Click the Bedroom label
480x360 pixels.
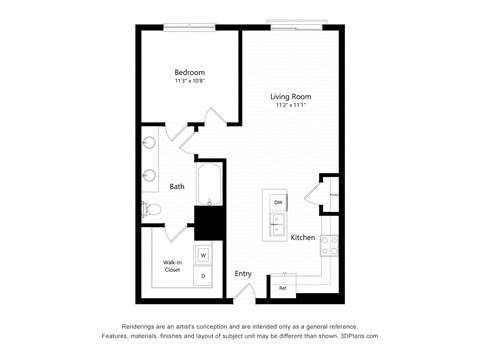pos(189,72)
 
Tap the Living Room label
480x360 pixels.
pos(291,97)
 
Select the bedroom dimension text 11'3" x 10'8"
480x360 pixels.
pos(189,82)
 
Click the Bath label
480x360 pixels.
pos(176,186)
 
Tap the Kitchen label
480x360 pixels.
pos(303,237)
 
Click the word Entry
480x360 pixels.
pos(243,273)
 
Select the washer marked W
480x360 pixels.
pos(202,255)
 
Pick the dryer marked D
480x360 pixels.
pos(202,275)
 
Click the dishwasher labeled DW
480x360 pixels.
pos(278,201)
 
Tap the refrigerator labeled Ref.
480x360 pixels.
pos(283,288)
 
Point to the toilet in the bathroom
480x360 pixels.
pos(151,209)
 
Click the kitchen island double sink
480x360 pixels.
pos(277,223)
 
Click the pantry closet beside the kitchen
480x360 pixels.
pos(330,194)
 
